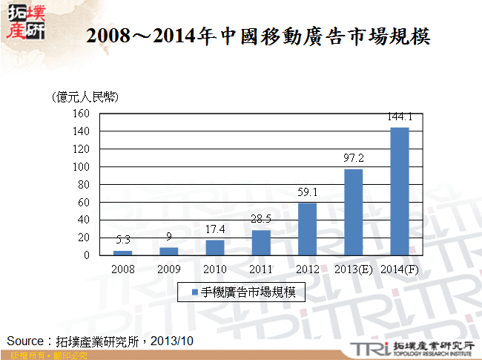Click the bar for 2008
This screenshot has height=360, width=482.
(123, 253)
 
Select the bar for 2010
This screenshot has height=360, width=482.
(215, 248)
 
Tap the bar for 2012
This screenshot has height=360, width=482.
(307, 229)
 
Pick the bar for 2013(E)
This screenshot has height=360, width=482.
(354, 212)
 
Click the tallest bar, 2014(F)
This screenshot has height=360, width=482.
(400, 192)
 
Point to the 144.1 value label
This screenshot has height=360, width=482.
(400, 117)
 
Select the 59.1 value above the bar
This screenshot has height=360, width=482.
(307, 192)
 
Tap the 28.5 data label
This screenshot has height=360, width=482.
(261, 220)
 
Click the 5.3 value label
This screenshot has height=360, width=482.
(123, 240)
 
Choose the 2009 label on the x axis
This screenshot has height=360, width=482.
(169, 269)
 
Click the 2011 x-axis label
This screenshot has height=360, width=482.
(261, 269)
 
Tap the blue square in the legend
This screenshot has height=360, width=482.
(195, 292)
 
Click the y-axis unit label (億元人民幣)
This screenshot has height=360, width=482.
(85, 97)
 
